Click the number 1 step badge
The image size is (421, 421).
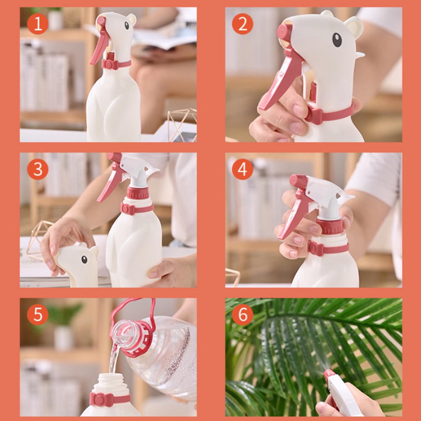[x=38, y=24]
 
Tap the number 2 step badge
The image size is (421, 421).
[x=243, y=24]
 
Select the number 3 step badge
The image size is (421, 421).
[x=38, y=169]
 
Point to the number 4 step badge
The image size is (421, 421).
[x=243, y=169]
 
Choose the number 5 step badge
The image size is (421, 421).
[x=38, y=315]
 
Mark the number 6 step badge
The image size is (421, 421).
[x=243, y=315]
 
